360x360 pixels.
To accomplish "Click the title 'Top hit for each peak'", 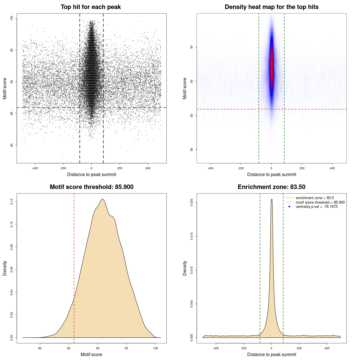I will [x=91, y=7].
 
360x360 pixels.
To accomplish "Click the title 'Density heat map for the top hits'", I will [x=271, y=7].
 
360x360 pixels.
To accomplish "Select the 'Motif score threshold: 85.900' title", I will [x=91, y=187].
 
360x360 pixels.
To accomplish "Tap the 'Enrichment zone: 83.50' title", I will [x=271, y=187].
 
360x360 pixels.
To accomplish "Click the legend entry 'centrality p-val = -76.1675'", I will [x=316, y=207].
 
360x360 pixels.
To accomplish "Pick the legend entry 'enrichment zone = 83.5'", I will [x=315, y=198].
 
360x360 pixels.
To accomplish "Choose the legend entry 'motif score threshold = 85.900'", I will [x=320, y=202].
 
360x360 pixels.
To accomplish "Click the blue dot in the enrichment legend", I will [x=289, y=207].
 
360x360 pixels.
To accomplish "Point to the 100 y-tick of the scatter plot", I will [x=12, y=18].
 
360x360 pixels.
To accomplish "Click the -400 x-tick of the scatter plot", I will [x=35, y=168].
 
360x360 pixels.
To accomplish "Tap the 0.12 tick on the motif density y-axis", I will [x=12, y=201].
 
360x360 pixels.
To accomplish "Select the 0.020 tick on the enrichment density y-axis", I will [x=192, y=202].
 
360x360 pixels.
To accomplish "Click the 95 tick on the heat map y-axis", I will [x=192, y=47].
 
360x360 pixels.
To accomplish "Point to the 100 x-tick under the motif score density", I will [x=156, y=348].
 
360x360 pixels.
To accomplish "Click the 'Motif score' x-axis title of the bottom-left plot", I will [x=91, y=354].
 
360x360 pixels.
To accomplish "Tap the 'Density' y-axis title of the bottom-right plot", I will [x=185, y=268].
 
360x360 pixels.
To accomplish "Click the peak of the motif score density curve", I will [x=103, y=199].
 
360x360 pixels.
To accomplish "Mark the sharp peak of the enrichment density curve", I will [x=272, y=200].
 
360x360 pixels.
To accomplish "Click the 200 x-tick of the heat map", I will [x=302, y=168].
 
